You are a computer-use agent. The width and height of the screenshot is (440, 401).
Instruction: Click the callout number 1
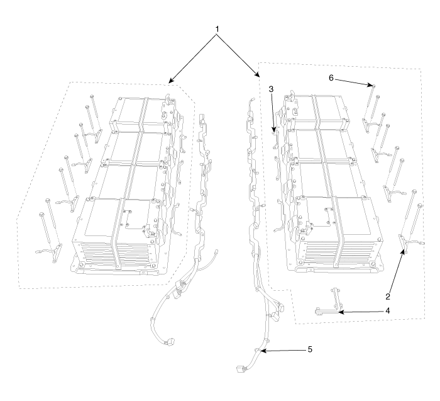click(217, 29)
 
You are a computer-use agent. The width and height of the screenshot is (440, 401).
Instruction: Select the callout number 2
click(388, 297)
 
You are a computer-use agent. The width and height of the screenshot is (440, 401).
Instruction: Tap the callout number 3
click(271, 89)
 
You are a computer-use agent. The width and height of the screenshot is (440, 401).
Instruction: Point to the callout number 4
click(388, 311)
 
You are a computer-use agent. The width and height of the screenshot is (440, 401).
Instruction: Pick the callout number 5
click(310, 349)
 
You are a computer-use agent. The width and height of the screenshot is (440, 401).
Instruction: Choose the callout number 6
click(331, 78)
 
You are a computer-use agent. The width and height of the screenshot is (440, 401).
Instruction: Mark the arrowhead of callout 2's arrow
click(404, 252)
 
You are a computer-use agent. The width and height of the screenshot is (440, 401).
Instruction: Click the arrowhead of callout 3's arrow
click(274, 130)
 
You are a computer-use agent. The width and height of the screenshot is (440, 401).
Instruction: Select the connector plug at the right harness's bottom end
click(241, 369)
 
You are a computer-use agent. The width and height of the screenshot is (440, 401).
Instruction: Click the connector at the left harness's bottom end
click(170, 342)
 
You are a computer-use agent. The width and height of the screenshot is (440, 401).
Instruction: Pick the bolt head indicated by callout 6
click(373, 85)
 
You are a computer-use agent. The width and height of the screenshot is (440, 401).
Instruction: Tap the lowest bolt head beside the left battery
click(42, 215)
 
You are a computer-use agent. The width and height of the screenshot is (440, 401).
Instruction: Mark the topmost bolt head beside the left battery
click(92, 97)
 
